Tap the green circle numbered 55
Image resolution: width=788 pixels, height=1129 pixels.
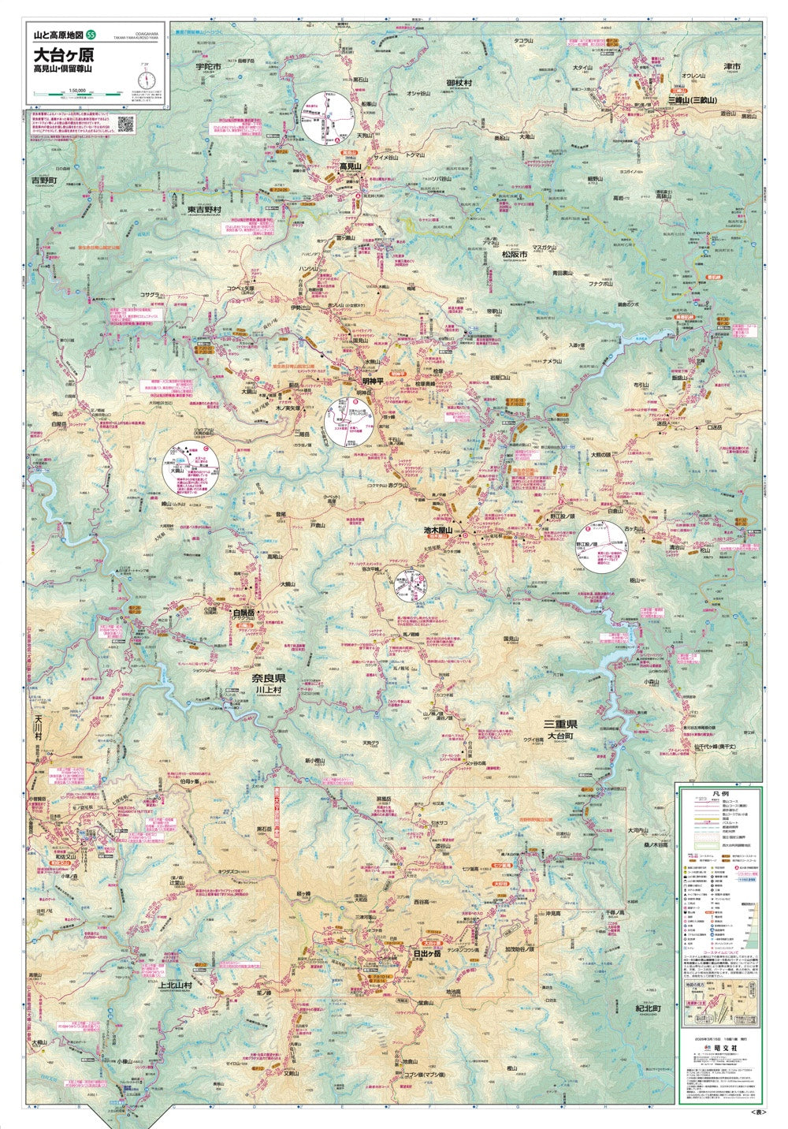tap(92, 35)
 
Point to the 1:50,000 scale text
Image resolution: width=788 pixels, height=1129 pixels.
tap(77, 89)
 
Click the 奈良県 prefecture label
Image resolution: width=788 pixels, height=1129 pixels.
tap(268, 679)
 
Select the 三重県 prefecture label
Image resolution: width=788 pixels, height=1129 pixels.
tap(561, 724)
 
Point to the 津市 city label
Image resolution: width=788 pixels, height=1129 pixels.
tap(732, 67)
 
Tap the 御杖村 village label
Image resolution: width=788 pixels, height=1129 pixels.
tap(458, 82)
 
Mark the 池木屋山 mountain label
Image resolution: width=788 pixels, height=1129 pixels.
tap(438, 531)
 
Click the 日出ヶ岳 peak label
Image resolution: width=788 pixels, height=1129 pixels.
tap(428, 952)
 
